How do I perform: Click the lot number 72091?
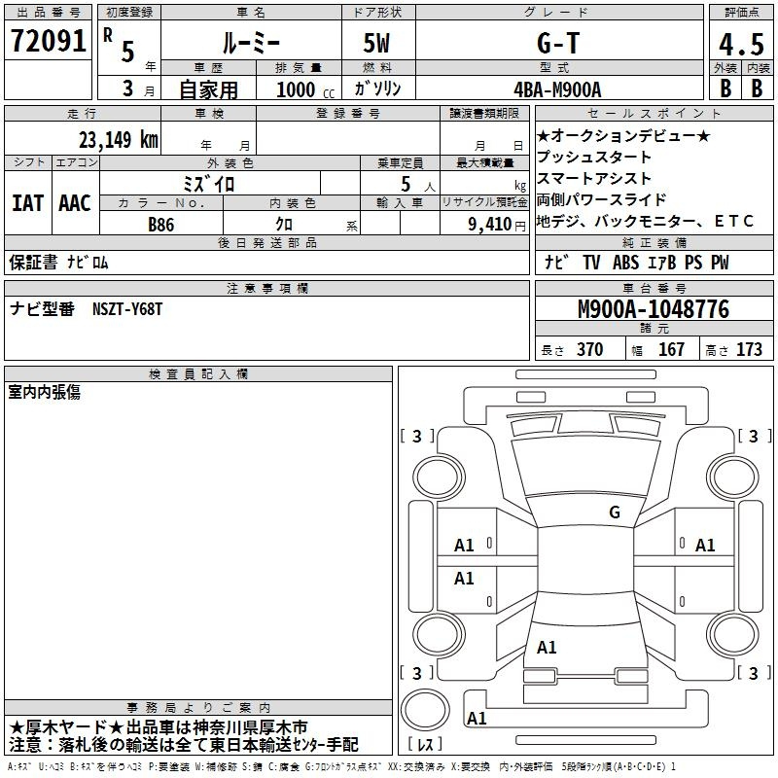[48, 41]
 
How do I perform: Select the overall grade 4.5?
[742, 44]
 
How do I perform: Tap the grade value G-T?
[558, 43]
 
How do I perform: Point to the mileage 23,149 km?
[119, 139]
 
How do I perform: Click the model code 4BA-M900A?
[557, 89]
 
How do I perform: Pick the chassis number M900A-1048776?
[654, 309]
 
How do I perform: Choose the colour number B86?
[161, 225]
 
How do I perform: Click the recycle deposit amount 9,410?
[490, 225]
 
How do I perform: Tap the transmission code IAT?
[28, 203]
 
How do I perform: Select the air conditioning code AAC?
[75, 203]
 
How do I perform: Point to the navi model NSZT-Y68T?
[127, 309]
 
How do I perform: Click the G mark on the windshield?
[615, 512]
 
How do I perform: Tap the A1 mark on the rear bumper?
[477, 718]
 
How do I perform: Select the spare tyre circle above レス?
[425, 709]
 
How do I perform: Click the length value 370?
[590, 349]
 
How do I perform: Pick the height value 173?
[749, 349]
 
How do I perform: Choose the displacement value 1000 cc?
[305, 89]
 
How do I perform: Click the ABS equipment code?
[625, 263]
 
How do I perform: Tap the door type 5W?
[376, 43]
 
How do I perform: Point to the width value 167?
[671, 349]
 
